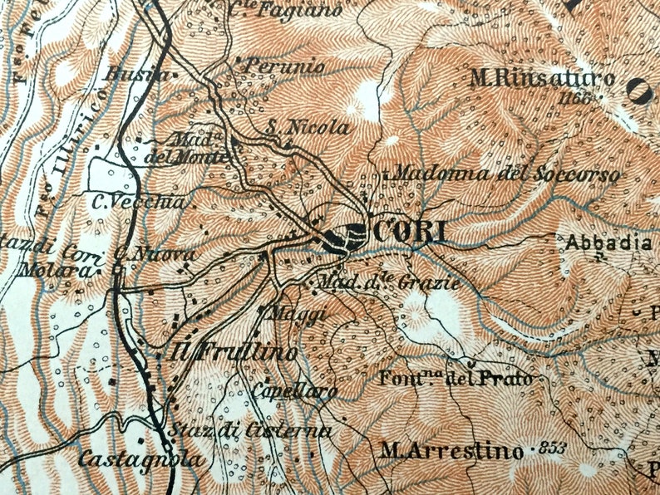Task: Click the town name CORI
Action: coord(411,233)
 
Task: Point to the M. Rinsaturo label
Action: coord(542,80)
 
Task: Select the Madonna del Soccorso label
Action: coord(505,175)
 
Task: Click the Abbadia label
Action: coord(609,243)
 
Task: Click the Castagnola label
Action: coord(140,458)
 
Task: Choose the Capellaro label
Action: coord(296,391)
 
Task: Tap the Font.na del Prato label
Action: coord(456,380)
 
